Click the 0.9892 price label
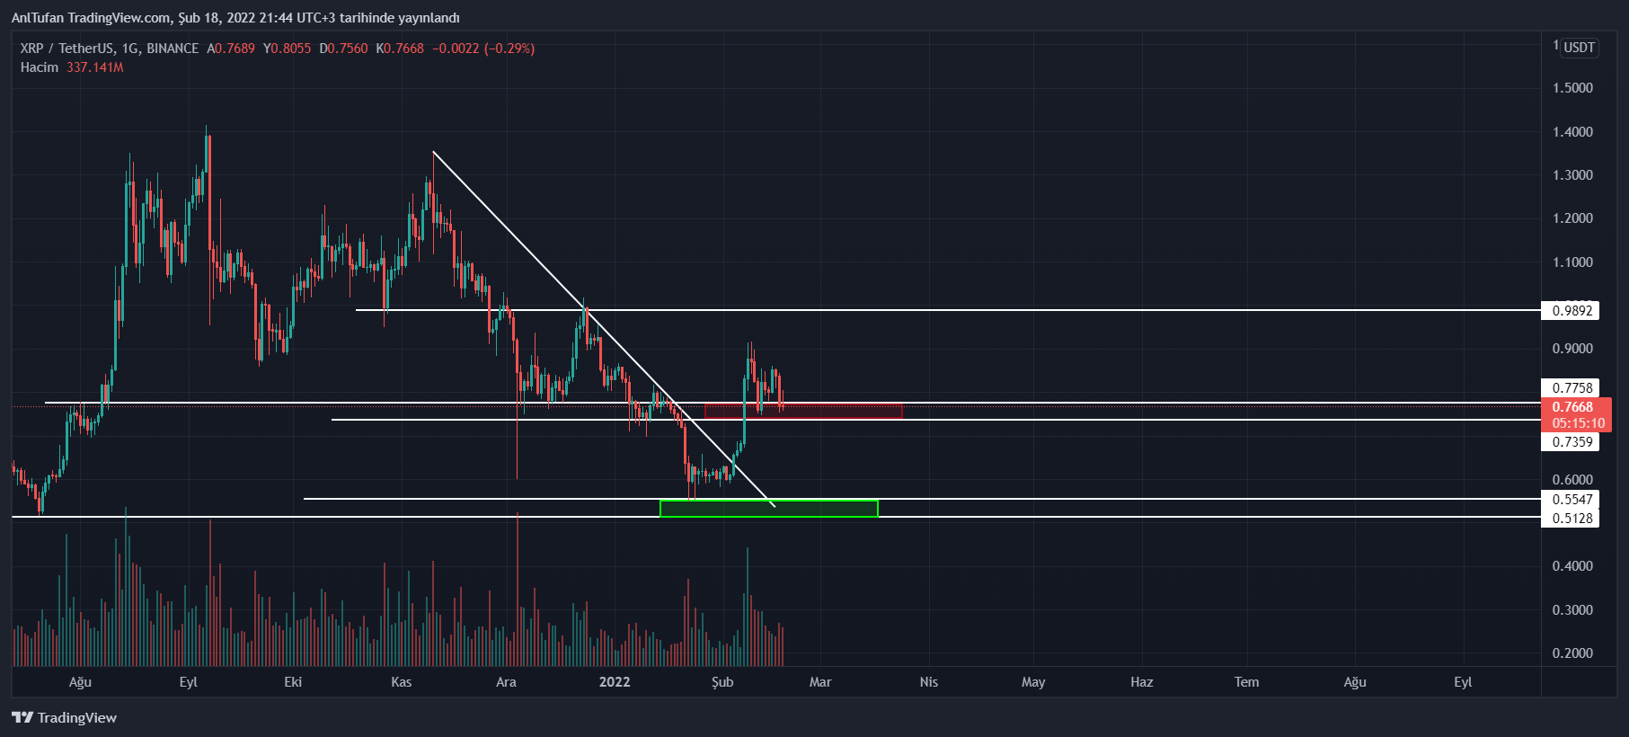(x=1571, y=311)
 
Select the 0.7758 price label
(x=1571, y=388)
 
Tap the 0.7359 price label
(x=1571, y=442)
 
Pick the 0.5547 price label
(x=1571, y=500)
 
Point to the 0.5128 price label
(x=1571, y=519)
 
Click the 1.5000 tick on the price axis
(x=1572, y=88)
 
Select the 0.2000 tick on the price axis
(x=1572, y=653)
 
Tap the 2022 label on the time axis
(x=615, y=682)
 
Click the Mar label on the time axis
(x=820, y=682)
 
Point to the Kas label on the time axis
(x=402, y=682)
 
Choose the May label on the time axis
(x=1033, y=682)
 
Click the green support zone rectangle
(x=768, y=509)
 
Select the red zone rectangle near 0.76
(x=803, y=411)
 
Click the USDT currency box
(x=1579, y=48)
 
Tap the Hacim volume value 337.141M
(x=94, y=67)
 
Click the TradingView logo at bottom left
(x=64, y=717)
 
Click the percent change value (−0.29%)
(x=509, y=49)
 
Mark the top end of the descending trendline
(x=433, y=152)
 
